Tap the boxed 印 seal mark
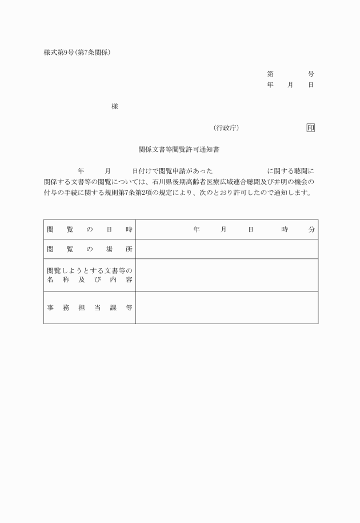click(x=310, y=127)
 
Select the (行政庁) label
click(x=226, y=127)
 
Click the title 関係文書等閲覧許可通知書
click(x=179, y=149)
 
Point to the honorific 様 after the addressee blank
click(x=115, y=106)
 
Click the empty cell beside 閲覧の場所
click(x=226, y=249)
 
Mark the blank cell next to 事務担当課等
click(x=226, y=308)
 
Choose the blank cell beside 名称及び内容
click(x=226, y=275)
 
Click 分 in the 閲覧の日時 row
click(x=311, y=229)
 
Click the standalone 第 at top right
click(x=270, y=74)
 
